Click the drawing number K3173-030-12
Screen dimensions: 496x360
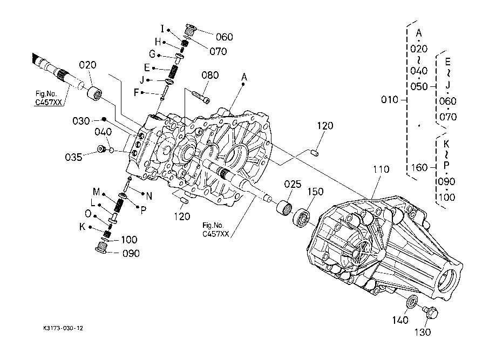(x=63, y=328)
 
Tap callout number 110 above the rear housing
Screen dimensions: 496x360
(x=381, y=169)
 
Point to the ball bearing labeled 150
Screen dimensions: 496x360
(x=301, y=218)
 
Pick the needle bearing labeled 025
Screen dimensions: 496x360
(x=284, y=208)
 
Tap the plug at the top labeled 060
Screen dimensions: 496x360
(x=191, y=30)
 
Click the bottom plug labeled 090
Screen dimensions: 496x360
(x=101, y=247)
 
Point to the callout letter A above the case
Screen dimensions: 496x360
(x=244, y=77)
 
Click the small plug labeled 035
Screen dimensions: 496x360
(x=101, y=148)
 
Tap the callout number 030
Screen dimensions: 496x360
(x=81, y=121)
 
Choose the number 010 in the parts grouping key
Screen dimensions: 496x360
(x=389, y=100)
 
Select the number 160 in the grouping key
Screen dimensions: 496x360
(x=419, y=167)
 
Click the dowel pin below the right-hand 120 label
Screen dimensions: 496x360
(x=315, y=153)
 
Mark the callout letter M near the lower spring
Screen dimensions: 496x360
(x=96, y=192)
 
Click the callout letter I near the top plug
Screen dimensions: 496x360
(x=162, y=29)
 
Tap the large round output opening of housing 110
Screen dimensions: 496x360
(x=448, y=280)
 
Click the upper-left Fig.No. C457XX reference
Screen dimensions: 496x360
(x=48, y=98)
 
